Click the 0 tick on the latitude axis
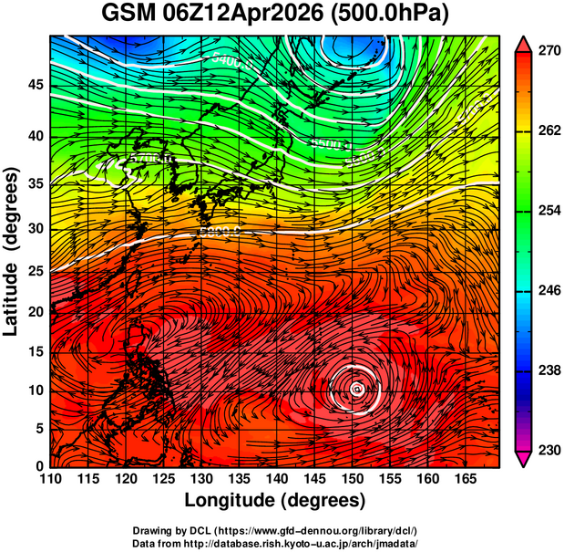[40, 465]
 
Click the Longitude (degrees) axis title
[275, 500]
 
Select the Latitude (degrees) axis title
[12, 251]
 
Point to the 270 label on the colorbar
[548, 51]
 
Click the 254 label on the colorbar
[548, 211]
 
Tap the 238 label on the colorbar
[548, 370]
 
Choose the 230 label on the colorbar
[548, 450]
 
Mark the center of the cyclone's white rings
[356, 389]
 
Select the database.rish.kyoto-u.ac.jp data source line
[275, 542]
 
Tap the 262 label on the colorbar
[548, 131]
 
